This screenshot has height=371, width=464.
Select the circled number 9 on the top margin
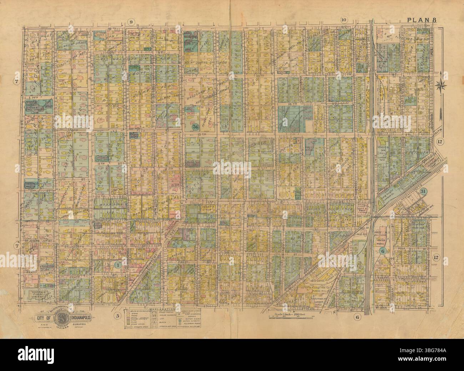(x=131, y=23)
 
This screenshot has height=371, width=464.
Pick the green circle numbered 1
(x=117, y=265)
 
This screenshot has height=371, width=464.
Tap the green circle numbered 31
(x=424, y=191)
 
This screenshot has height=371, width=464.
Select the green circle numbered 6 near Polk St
(x=383, y=251)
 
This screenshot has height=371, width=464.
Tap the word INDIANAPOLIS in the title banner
(x=84, y=318)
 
